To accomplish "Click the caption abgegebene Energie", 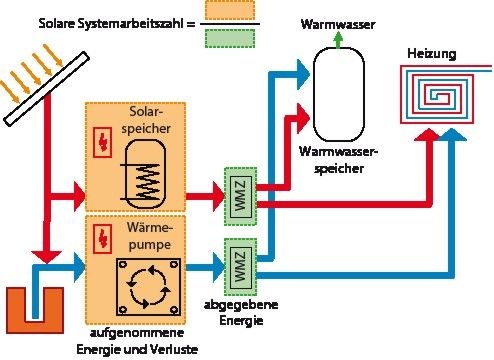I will point(241,315).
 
